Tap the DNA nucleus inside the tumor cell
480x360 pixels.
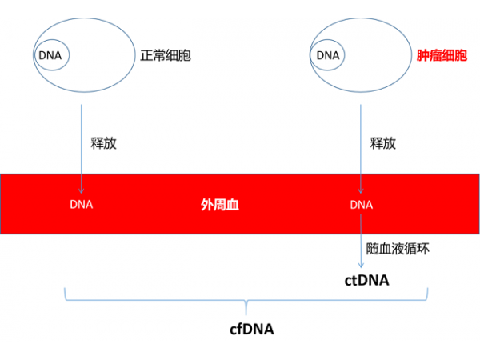coord(328,56)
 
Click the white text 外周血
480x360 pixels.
coord(219,205)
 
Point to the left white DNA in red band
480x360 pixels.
coord(82,204)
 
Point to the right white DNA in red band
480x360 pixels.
coord(362,205)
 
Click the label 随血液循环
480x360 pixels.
coord(398,249)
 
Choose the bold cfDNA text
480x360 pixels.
coord(252,329)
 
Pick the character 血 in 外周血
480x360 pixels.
coord(233,205)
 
